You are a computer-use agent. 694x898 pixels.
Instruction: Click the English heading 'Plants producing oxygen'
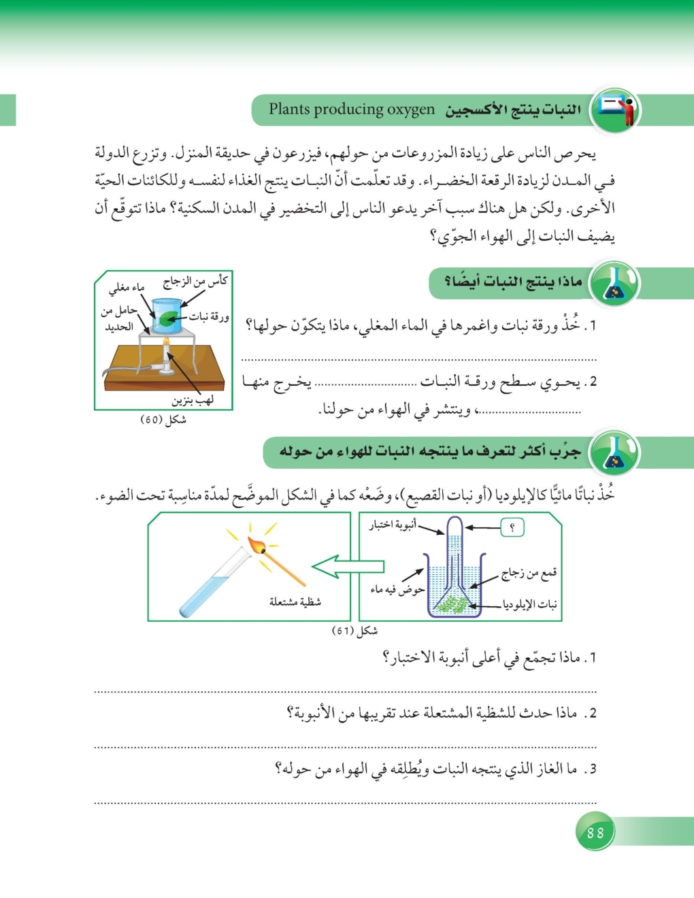point(351,110)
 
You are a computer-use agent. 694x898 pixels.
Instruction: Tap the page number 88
point(595,833)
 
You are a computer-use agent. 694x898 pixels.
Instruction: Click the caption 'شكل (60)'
point(163,420)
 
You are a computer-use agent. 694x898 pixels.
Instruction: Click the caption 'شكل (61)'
point(354,631)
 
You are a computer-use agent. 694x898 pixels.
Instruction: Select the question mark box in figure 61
point(512,527)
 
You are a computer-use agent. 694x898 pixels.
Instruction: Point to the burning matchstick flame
point(257,545)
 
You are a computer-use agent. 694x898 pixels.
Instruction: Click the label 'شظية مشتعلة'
point(295,601)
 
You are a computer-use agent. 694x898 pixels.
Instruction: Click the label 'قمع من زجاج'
point(529,573)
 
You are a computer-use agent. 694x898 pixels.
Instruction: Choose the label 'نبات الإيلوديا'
point(529,604)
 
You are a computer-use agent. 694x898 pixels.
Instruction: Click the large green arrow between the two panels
point(347,566)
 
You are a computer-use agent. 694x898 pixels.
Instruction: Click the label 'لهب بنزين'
point(193,400)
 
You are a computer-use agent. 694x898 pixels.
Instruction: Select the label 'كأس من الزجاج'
point(195,281)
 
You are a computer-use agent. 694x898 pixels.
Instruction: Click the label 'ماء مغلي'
point(127,288)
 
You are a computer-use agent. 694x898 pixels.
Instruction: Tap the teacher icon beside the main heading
point(616,110)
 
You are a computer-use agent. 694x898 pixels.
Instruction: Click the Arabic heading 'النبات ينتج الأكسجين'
point(513,110)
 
